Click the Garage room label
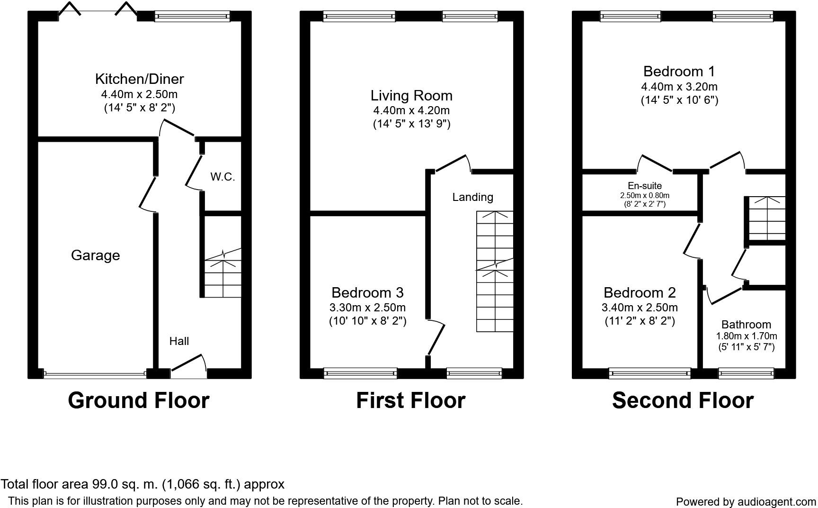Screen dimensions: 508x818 (x=95, y=255)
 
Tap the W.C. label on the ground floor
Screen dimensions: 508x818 (x=222, y=177)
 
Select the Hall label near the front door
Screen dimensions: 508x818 (x=179, y=341)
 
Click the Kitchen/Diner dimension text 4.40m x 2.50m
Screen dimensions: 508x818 (x=139, y=94)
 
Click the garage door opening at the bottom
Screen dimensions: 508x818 (x=95, y=374)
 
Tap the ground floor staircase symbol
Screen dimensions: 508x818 (x=222, y=275)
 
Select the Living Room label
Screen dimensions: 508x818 (x=411, y=95)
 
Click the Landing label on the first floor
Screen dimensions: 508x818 (x=472, y=197)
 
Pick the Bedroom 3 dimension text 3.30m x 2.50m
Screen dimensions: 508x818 (x=367, y=307)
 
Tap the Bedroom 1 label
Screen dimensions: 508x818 (x=679, y=72)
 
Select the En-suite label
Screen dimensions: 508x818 (x=645, y=186)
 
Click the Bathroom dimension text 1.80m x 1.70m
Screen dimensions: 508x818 (x=746, y=336)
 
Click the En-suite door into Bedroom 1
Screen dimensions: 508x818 (x=654, y=163)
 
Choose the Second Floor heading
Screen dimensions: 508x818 (x=683, y=400)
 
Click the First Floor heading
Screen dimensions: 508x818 (x=410, y=400)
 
